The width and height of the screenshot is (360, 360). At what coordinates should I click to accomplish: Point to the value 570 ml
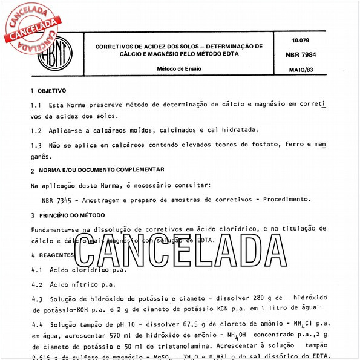pos(122,335)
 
